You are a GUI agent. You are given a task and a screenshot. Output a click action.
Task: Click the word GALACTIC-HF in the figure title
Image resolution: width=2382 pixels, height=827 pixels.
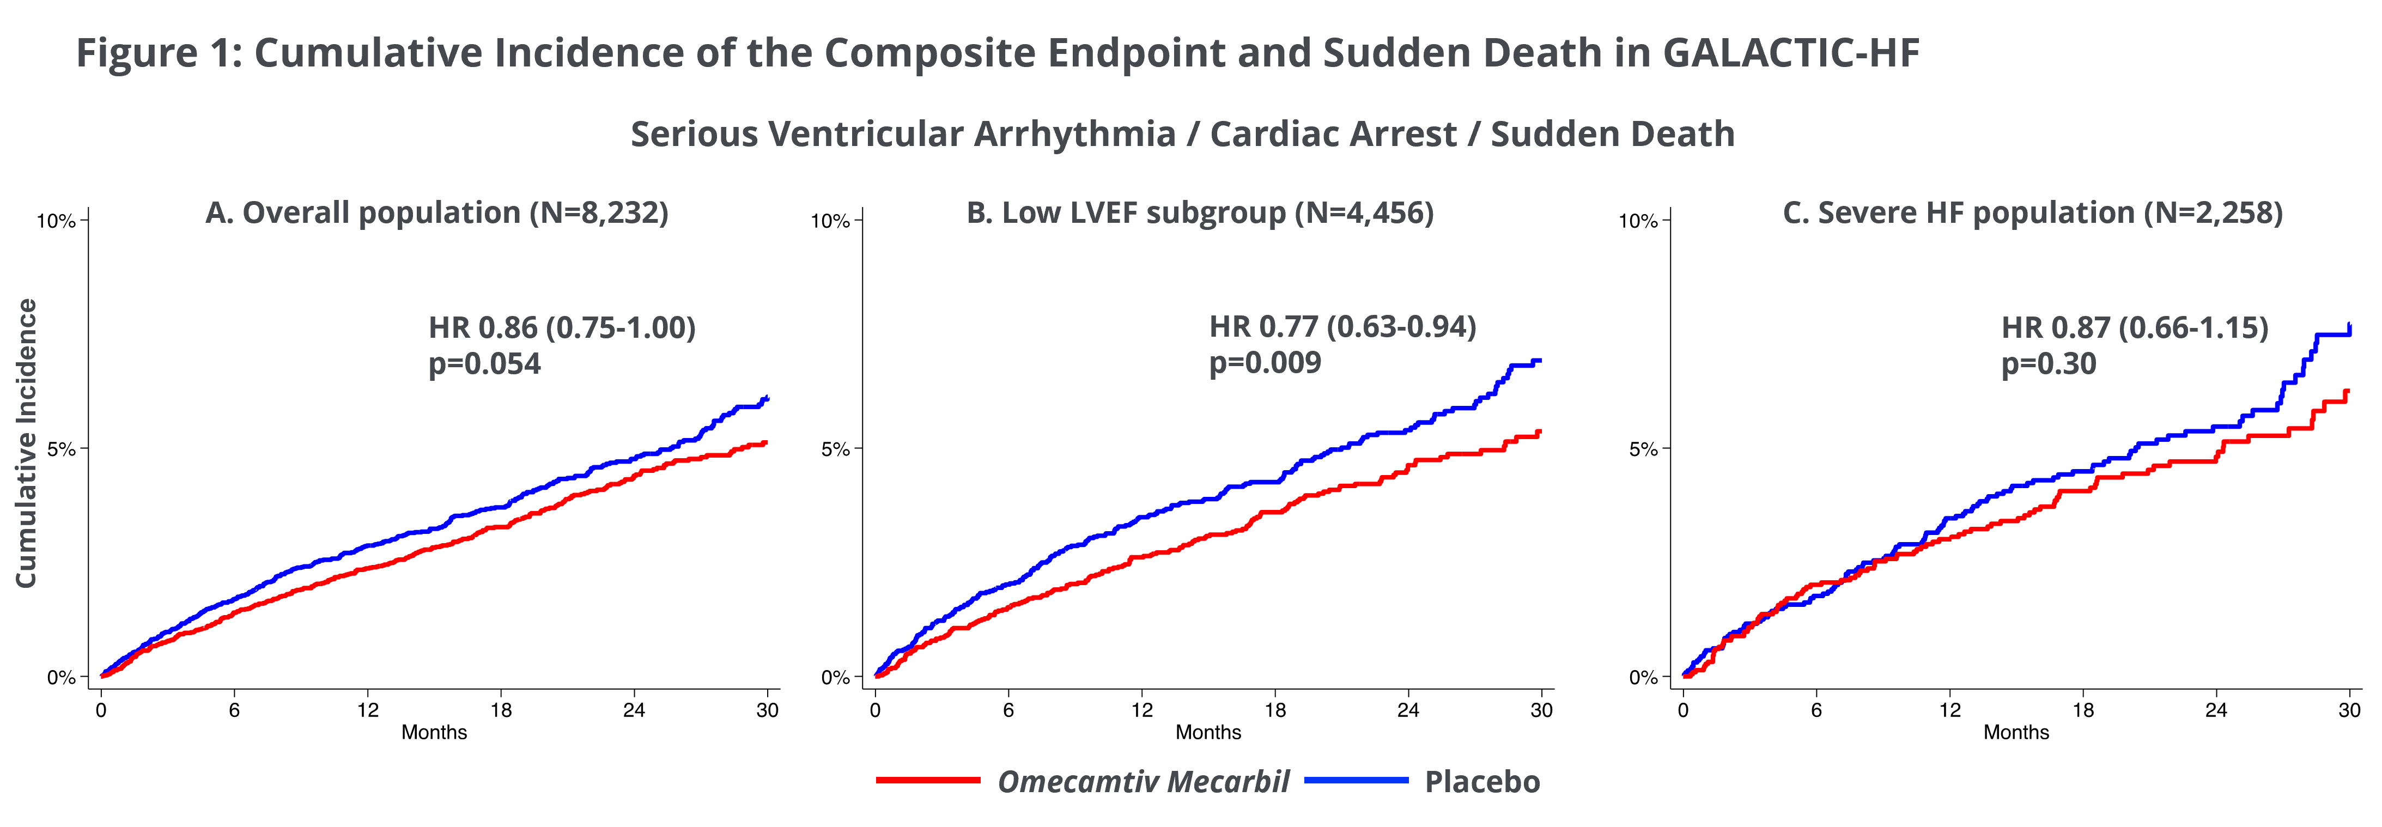coord(1791,53)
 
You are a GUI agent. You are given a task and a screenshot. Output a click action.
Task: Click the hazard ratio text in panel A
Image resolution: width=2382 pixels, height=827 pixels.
coord(561,327)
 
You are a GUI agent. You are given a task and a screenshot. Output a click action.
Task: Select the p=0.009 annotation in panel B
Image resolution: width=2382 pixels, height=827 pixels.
coord(1265,363)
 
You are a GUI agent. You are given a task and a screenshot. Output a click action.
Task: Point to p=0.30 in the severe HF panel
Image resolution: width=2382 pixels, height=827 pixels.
coord(2048,363)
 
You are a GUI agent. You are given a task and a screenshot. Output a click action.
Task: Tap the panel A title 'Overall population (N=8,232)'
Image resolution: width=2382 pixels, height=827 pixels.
coord(436,213)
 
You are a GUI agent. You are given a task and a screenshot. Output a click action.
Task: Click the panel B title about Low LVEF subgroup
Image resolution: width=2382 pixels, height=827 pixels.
coord(1199,213)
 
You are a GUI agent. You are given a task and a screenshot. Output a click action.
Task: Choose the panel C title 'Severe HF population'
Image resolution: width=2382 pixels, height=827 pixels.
coord(2032,213)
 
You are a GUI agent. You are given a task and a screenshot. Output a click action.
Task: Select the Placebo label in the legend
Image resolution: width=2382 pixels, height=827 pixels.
coord(1481,782)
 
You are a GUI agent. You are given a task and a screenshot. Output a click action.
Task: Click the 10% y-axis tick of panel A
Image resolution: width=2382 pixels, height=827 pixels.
coord(56,221)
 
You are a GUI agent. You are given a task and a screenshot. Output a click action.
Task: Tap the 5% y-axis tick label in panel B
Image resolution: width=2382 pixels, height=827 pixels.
coord(834,449)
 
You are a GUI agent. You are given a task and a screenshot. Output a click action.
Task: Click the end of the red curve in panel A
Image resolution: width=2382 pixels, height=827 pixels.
coord(765,443)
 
